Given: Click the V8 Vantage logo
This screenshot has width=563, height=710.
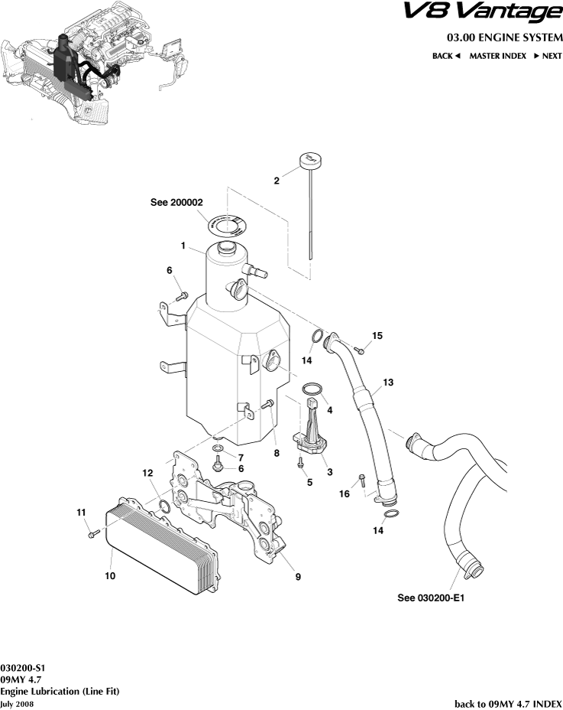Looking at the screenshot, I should tap(482, 13).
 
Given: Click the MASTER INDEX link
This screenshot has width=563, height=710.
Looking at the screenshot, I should tap(497, 56).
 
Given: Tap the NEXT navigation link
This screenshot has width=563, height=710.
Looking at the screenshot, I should tap(548, 56).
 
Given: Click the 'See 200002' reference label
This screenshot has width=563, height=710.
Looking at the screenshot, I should tap(176, 203).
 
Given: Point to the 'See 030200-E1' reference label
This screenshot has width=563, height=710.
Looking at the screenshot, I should tap(431, 598).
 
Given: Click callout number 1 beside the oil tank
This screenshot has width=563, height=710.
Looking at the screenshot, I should tap(183, 246).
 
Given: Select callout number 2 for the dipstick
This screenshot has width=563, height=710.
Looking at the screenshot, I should tap(277, 181).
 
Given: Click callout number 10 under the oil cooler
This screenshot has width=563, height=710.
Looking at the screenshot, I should tap(110, 575).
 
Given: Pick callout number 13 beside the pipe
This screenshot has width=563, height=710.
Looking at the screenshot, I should tap(388, 381).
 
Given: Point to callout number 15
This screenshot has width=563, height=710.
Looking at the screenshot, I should tap(377, 336).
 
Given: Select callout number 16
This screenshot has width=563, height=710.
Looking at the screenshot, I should tap(345, 494).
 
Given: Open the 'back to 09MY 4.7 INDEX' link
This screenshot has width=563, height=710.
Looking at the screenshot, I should tap(508, 702).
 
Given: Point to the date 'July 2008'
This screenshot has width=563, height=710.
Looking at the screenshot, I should tap(18, 703).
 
